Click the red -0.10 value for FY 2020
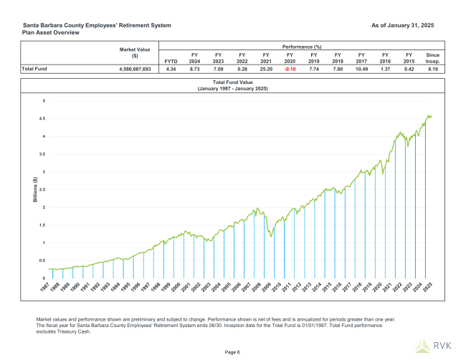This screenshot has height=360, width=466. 290,70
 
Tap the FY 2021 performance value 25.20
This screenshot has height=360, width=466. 265,70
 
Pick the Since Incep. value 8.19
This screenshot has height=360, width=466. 432,70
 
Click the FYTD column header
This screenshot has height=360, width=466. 171,61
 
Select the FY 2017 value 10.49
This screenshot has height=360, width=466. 361,70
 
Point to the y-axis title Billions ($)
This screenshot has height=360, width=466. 34,189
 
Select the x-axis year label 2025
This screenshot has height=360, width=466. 427,287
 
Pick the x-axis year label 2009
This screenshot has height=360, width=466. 267,287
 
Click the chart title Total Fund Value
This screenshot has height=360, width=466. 233,84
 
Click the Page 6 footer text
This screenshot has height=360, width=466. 233,351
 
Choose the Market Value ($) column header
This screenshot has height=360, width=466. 134,52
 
